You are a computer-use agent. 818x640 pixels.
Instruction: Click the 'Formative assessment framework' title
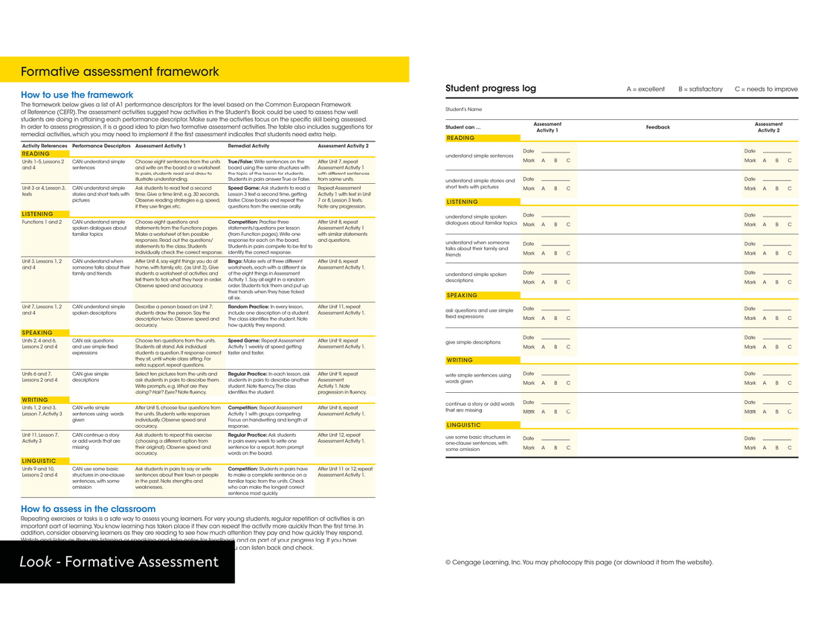[x=120, y=72]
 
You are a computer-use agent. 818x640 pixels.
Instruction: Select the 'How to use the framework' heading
[x=77, y=95]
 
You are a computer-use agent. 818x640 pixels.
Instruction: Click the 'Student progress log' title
[x=490, y=89]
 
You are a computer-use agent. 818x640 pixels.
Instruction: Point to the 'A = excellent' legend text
[x=645, y=89]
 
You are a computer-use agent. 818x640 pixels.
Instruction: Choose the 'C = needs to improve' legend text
[x=766, y=89]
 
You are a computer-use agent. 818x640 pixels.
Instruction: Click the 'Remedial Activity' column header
[x=248, y=147]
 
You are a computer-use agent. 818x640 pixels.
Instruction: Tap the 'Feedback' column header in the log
[x=658, y=127]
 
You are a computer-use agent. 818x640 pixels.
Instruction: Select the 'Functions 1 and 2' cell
[x=42, y=222]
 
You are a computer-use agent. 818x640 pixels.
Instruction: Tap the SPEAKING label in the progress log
[x=462, y=295]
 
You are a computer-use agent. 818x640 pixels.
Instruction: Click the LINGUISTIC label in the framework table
[x=39, y=461]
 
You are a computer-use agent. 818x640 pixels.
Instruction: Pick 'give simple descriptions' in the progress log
[x=473, y=342]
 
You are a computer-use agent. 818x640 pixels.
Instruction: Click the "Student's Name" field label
[x=463, y=109]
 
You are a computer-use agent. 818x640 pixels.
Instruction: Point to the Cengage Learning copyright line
[x=579, y=563]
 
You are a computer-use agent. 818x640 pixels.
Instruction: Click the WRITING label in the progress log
[x=460, y=360]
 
